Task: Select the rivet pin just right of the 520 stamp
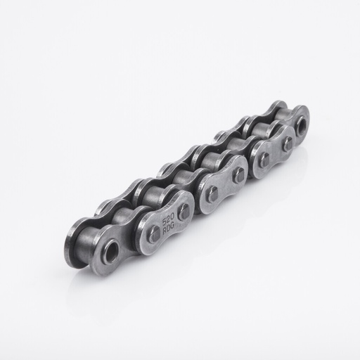pyautogui.click(x=184, y=212)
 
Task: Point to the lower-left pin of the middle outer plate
pyautogui.click(x=212, y=195)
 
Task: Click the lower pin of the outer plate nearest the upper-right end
pyautogui.click(x=264, y=160)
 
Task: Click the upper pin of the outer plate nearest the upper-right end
pyautogui.click(x=287, y=143)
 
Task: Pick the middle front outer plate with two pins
pyautogui.click(x=225, y=185)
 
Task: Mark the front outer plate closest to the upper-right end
pyautogui.click(x=275, y=151)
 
